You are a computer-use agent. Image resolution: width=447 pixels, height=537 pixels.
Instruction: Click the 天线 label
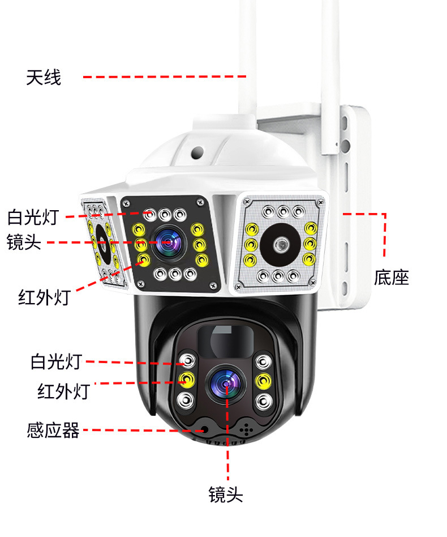(43, 77)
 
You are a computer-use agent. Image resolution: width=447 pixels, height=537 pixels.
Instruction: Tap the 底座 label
(391, 278)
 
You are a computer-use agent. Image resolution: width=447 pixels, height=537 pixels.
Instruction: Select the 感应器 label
(53, 430)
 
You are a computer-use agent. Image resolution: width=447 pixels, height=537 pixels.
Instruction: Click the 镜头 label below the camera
(226, 494)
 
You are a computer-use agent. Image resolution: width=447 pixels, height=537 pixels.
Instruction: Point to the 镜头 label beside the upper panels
(24, 242)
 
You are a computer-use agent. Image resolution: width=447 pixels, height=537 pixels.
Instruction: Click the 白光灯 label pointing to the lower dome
(56, 361)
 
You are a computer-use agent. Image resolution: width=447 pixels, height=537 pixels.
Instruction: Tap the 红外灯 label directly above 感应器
(63, 391)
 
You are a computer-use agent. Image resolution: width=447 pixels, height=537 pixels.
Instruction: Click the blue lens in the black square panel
(169, 242)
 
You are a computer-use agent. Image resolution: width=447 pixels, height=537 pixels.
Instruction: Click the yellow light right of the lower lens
(261, 380)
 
